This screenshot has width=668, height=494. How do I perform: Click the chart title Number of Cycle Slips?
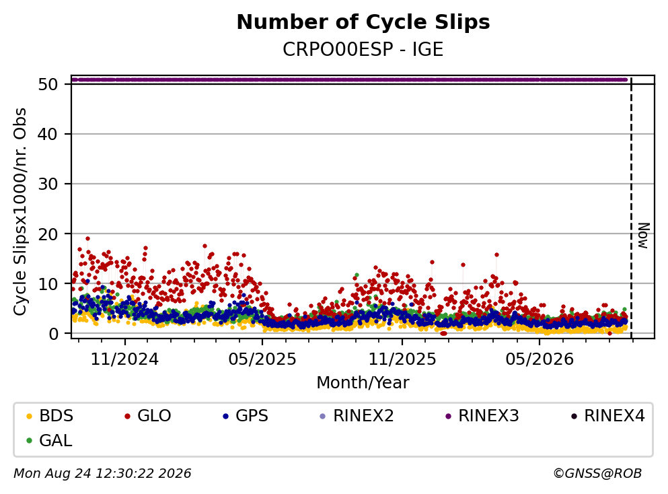pyautogui.click(x=363, y=22)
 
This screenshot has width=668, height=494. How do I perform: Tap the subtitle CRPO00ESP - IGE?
pyautogui.click(x=363, y=49)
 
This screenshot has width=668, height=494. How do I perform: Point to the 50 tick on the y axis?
pyautogui.click(x=48, y=84)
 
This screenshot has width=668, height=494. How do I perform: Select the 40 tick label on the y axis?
pyautogui.click(x=48, y=134)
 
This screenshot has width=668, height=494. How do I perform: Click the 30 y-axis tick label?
pyautogui.click(x=48, y=184)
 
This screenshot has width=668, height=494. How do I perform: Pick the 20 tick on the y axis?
pyautogui.click(x=48, y=234)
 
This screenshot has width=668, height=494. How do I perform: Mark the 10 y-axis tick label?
pyautogui.click(x=48, y=284)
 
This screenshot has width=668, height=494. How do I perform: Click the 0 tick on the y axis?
pyautogui.click(x=53, y=334)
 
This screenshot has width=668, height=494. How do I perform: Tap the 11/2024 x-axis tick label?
pyautogui.click(x=125, y=359)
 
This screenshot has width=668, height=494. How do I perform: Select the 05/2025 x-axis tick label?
pyautogui.click(x=262, y=359)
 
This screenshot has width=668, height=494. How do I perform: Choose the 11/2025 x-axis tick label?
pyautogui.click(x=402, y=359)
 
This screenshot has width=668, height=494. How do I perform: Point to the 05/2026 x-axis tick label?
pyautogui.click(x=540, y=359)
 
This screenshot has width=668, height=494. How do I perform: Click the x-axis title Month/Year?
pyautogui.click(x=363, y=383)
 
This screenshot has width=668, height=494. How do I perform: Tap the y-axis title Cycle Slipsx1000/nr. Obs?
pyautogui.click(x=20, y=212)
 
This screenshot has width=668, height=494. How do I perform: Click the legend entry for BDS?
pyautogui.click(x=49, y=416)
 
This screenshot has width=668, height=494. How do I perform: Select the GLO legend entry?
pyautogui.click(x=147, y=416)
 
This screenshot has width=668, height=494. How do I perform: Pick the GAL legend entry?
pyautogui.click(x=48, y=441)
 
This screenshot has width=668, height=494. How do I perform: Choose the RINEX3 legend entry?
pyautogui.click(x=482, y=416)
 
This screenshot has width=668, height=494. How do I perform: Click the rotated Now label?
pyautogui.click(x=643, y=236)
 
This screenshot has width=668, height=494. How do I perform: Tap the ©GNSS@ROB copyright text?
pyautogui.click(x=597, y=474)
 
